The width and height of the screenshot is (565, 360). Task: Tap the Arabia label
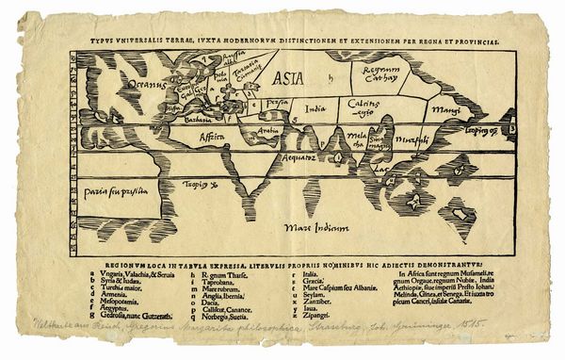pyautogui.click(x=269, y=131)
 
